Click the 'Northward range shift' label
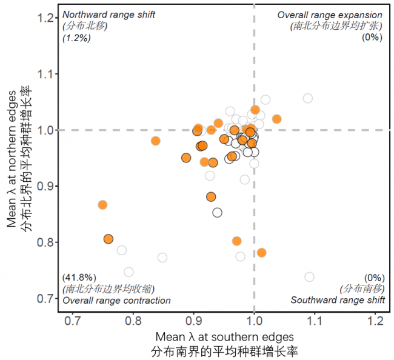(x=109, y=15)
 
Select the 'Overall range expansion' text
(x=330, y=15)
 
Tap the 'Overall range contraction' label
(x=116, y=300)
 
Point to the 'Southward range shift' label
(x=338, y=300)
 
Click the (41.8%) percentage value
(x=79, y=277)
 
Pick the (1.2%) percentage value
(x=76, y=37)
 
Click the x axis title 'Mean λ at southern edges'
(x=224, y=336)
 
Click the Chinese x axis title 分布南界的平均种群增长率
(x=224, y=351)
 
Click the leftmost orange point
(x=102, y=205)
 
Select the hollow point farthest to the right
(x=310, y=277)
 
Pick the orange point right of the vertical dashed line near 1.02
(x=276, y=119)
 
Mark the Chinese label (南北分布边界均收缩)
(x=108, y=288)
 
